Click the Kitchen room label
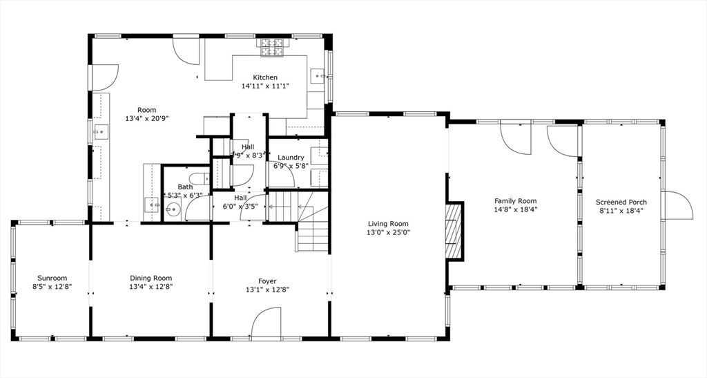point(265,77)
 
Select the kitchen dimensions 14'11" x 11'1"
point(265,86)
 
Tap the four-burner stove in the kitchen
point(273,47)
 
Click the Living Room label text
point(388,224)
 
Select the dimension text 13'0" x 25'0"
point(388,233)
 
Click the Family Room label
point(515,201)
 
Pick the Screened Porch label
point(621,202)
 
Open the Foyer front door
point(267,323)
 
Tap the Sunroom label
point(52,278)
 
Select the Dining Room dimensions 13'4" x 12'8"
point(151,287)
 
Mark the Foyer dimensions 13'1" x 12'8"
point(267,290)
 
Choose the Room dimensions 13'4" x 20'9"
point(146,119)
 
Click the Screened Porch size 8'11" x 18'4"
point(621,211)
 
